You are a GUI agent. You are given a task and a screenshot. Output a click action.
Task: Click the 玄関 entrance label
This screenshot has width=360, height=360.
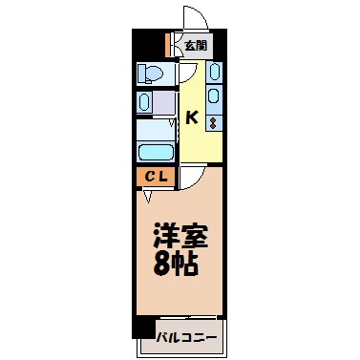(x=195, y=45)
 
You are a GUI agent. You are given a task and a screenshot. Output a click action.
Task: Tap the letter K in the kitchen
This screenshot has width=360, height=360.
(x=192, y=118)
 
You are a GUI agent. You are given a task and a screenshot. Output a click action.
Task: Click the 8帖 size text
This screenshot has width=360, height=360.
(x=178, y=263)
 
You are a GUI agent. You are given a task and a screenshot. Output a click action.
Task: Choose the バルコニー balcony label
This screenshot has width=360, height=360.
(x=186, y=337)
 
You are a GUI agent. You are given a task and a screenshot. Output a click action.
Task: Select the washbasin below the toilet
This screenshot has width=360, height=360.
(x=145, y=102)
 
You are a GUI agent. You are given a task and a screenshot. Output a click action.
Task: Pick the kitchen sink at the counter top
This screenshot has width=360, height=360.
(x=214, y=72)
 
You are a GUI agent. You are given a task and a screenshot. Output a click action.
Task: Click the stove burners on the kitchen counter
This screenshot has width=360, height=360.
(x=213, y=119)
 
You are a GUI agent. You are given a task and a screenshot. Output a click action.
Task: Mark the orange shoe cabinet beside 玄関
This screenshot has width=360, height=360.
(x=167, y=45)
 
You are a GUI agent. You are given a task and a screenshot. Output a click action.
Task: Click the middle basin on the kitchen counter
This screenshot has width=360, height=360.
(x=214, y=95)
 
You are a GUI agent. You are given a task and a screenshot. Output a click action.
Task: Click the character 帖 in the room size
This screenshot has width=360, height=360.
(x=190, y=263)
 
